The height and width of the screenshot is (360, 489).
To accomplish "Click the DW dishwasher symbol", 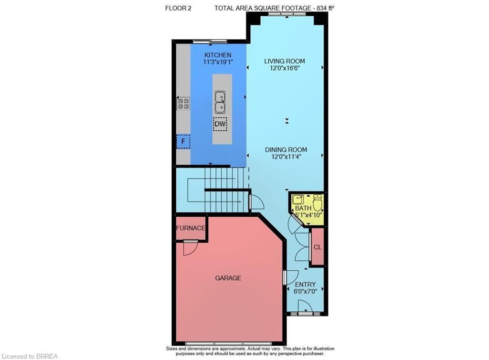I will pyautogui.click(x=220, y=125).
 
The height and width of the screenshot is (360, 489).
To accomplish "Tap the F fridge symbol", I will pyautogui.click(x=183, y=142).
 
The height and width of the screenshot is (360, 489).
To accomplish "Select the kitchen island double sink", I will pyautogui.click(x=220, y=102).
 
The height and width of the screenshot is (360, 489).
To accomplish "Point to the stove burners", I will pyautogui.click(x=183, y=104).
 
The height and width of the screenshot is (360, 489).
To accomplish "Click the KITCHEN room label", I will pyautogui.click(x=218, y=55).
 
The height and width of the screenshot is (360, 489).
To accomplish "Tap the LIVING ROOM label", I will pyautogui.click(x=285, y=61).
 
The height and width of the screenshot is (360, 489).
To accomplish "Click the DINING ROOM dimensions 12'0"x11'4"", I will pyautogui.click(x=286, y=157).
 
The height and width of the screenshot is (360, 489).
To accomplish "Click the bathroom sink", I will pyautogui.click(x=298, y=200).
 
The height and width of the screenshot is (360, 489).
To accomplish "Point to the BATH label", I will pyautogui.click(x=303, y=208).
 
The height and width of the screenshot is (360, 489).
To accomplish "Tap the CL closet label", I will pyautogui.click(x=318, y=247).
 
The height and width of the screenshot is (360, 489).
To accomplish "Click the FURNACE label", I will pyautogui.click(x=191, y=228).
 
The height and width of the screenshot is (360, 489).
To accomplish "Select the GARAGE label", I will pyautogui.click(x=228, y=278).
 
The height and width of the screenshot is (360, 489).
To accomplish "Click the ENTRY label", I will pyautogui.click(x=305, y=285).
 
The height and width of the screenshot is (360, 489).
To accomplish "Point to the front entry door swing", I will pyautogui.click(x=304, y=307).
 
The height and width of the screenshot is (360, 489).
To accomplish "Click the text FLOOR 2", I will pyautogui.click(x=178, y=8).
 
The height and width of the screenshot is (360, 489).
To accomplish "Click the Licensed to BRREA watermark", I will pyautogui.click(x=30, y=356).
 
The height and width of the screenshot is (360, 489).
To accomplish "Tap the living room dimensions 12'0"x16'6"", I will pyautogui.click(x=285, y=68).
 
